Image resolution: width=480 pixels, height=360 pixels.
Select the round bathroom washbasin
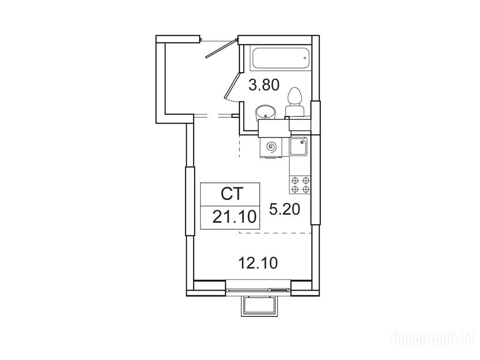pos(265,112)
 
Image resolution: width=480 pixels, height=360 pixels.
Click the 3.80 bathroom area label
pos(264,85)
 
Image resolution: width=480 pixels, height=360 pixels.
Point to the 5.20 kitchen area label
pos(285,210)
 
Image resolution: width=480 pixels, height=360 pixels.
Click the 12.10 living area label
pos(258,263)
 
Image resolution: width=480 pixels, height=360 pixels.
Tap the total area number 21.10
pos(234,217)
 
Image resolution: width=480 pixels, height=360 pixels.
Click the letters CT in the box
pos(232,194)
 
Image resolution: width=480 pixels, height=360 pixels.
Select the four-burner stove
pos(300,185)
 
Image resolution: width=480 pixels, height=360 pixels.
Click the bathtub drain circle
pos(305,58)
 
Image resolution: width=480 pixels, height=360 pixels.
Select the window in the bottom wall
pos(258,289)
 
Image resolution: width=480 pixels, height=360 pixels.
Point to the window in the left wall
pos(190,201)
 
